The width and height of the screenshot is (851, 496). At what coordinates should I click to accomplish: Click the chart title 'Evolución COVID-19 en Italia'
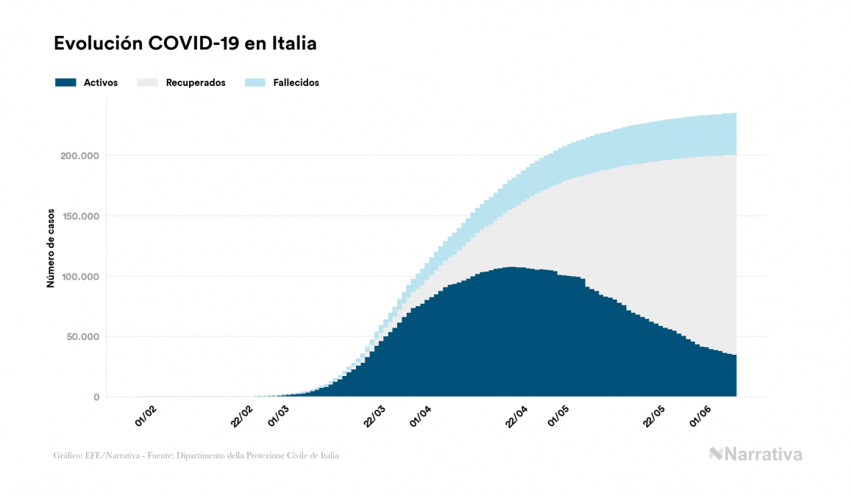coord(185,43)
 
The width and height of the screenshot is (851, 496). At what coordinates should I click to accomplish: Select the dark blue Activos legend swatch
coord(66,82)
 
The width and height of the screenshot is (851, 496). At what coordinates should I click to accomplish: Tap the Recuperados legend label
coord(196,82)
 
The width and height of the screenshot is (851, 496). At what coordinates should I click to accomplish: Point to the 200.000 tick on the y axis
coord(79,156)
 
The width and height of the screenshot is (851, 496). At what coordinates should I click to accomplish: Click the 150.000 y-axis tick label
coord(79,216)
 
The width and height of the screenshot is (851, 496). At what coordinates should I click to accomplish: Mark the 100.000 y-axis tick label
coord(79,277)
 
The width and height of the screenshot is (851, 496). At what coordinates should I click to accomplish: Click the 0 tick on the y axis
coord(96,397)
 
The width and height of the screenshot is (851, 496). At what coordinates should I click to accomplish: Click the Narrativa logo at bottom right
coord(755,454)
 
